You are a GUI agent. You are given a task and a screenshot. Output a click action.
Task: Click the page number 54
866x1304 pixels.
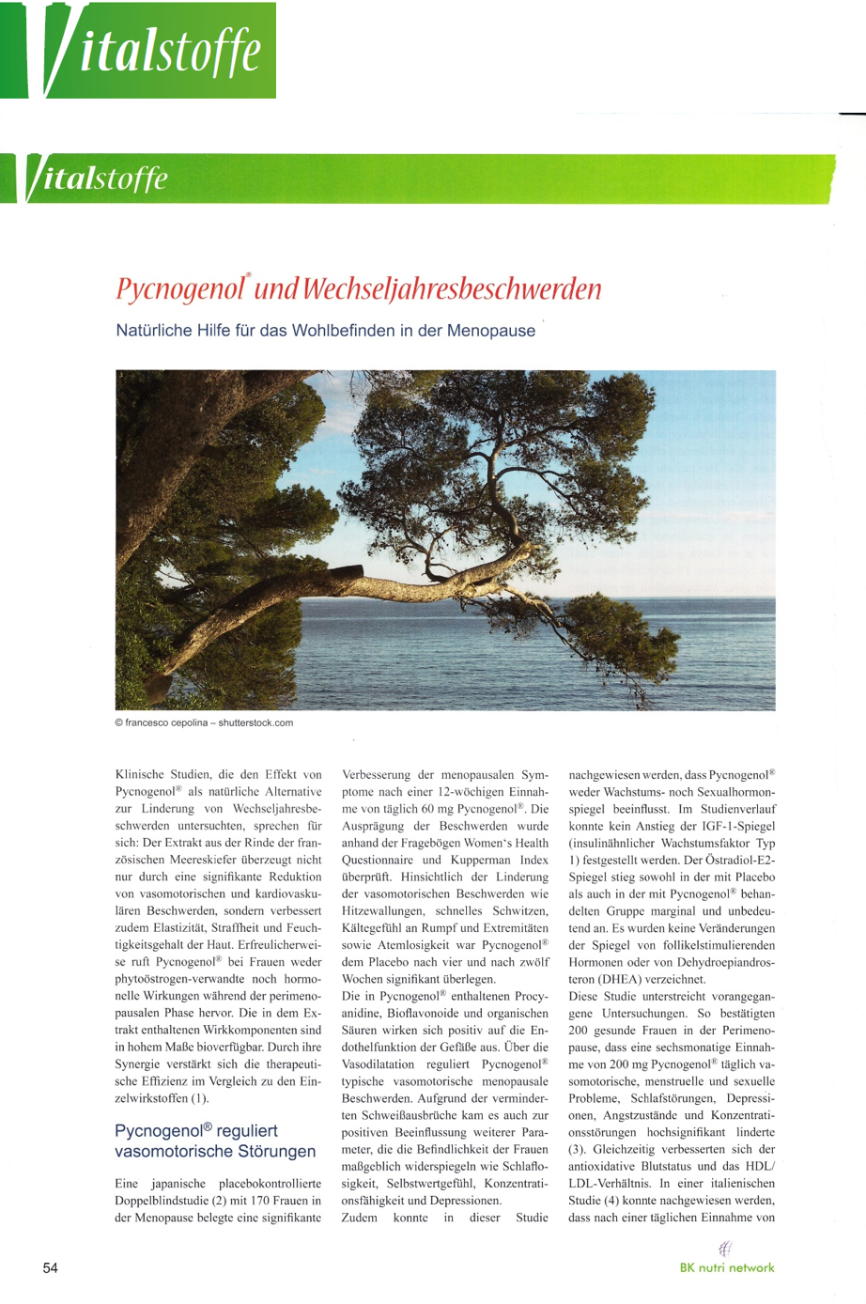(x=51, y=1268)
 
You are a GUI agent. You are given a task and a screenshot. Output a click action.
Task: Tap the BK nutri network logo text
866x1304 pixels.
(x=727, y=1267)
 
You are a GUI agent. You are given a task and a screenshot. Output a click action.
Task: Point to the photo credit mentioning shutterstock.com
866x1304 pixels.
(x=204, y=722)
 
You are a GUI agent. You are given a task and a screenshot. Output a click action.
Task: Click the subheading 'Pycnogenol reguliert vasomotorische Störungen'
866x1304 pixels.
(x=215, y=1141)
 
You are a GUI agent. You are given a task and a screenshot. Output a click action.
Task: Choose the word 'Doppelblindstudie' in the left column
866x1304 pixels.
(x=162, y=1201)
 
